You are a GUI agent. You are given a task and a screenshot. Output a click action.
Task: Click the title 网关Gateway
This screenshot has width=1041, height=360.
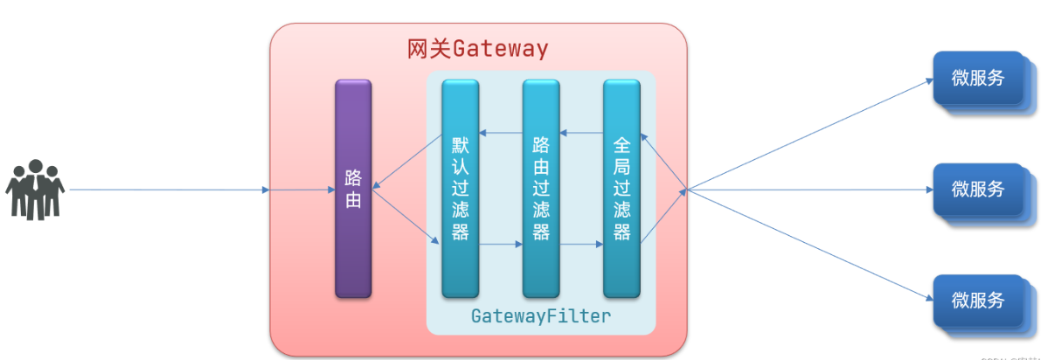[x=477, y=48]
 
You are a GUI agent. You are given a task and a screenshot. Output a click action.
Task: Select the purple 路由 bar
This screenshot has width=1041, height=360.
[x=353, y=188]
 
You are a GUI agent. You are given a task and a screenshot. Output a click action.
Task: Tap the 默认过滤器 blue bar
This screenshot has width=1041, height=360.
[x=460, y=188]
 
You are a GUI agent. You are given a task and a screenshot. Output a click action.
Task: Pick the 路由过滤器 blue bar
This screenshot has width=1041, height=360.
[x=541, y=188]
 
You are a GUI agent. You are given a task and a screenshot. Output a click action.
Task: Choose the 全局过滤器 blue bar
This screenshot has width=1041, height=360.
[x=621, y=188]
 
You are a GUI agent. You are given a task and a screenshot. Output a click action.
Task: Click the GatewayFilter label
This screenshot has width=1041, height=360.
[x=540, y=315]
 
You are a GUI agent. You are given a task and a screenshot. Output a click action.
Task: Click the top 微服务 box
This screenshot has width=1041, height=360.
[x=977, y=78]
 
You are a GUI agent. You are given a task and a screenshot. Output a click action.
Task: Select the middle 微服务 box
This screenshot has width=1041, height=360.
[x=977, y=189]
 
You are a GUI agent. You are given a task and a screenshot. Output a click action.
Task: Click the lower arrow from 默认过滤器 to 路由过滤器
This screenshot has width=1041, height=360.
[x=500, y=246]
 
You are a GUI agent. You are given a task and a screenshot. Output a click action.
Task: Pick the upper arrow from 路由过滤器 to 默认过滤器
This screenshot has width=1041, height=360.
[x=500, y=133]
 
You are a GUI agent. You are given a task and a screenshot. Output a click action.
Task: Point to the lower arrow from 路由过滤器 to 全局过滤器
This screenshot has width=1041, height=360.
[x=581, y=246]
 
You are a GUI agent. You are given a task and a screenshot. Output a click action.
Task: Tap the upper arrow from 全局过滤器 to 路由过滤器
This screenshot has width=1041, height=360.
[x=581, y=133]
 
